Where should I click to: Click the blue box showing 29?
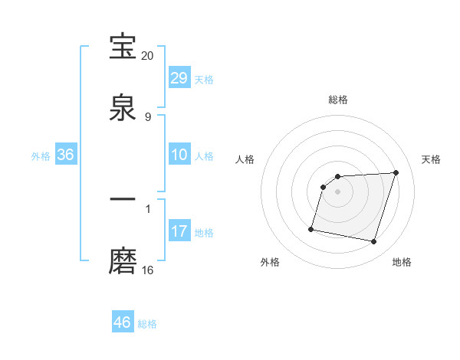[x=179, y=77]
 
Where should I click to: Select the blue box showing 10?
[x=179, y=155]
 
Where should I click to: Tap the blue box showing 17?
[x=179, y=231]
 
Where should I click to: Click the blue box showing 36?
[x=66, y=155]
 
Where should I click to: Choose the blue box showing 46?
[x=123, y=322]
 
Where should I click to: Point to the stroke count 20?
[x=148, y=56]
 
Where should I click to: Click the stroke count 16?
[x=148, y=270]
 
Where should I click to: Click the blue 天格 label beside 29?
[x=204, y=79]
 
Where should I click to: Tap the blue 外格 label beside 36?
[x=41, y=155]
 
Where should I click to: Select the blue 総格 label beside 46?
[x=147, y=323]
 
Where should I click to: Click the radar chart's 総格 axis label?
[x=338, y=100]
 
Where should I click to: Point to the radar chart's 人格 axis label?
[x=245, y=159]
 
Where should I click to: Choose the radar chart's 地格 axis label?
[x=402, y=263]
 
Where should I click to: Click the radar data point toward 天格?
[x=396, y=172]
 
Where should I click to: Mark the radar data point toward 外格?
[x=311, y=229]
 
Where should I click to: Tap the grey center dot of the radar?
[x=338, y=191]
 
